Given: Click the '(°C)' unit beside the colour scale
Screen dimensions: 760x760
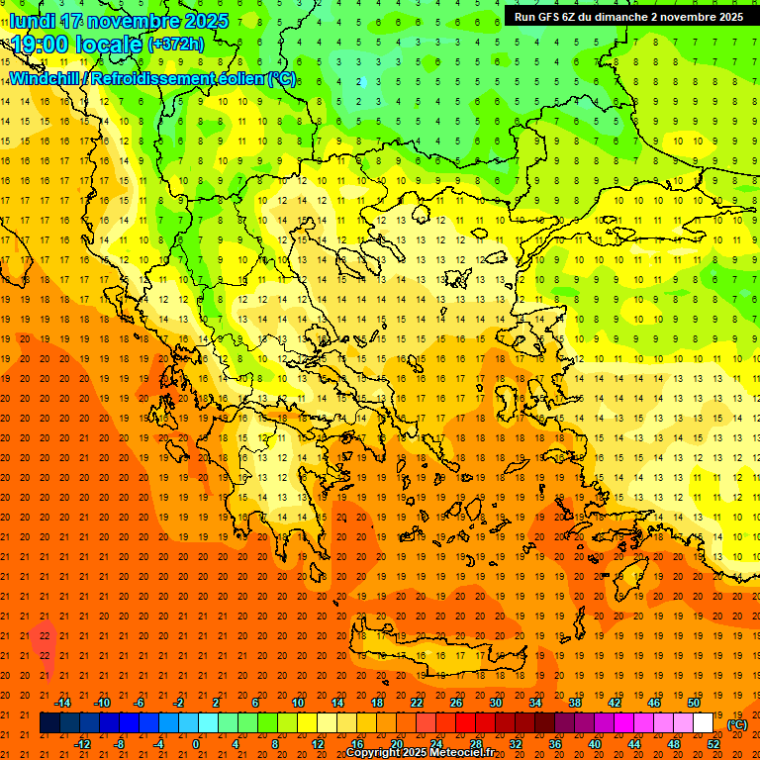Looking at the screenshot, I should point(736,724).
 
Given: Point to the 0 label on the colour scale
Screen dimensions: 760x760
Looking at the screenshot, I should point(196,744).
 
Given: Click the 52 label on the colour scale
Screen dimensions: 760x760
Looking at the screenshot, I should point(713,744).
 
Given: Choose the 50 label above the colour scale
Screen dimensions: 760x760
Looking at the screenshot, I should point(694,703).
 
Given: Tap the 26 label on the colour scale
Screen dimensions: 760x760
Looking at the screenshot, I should point(456,703).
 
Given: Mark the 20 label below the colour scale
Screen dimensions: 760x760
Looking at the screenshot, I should point(396,744).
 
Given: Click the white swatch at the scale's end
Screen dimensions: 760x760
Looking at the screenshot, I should point(704,723).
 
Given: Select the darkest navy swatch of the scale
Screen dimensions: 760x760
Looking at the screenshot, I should point(49,723).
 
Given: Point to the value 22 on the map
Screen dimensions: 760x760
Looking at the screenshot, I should point(45,634).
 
